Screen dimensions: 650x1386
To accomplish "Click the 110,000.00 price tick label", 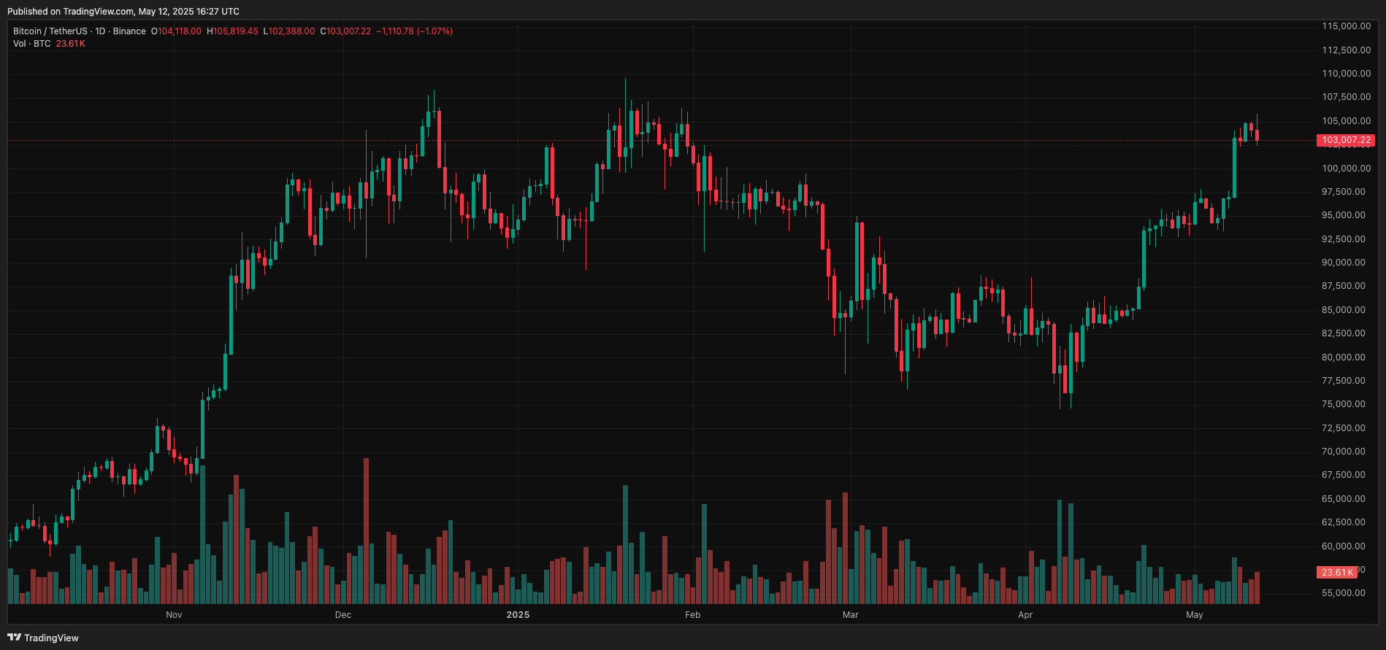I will [1346, 74].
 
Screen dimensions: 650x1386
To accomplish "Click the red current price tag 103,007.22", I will [1346, 140].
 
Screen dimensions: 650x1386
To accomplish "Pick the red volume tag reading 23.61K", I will [1337, 573].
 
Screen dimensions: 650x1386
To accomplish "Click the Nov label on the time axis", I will [174, 615].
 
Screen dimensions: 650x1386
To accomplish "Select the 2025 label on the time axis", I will [518, 615].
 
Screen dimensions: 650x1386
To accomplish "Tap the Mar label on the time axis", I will [850, 615].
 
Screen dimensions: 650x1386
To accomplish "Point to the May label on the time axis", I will [1194, 615].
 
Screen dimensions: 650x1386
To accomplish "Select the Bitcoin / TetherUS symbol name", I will [50, 31].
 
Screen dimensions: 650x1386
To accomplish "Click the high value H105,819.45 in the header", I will [232, 31].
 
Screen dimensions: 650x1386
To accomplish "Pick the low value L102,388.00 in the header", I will [289, 31].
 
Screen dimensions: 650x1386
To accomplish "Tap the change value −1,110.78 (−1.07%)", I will [414, 31].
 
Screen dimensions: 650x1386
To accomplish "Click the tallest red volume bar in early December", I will [366, 530].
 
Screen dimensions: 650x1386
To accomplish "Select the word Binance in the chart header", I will [129, 31].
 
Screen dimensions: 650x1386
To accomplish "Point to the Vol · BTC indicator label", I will [32, 44].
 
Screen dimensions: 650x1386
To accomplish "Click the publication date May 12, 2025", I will [169, 12].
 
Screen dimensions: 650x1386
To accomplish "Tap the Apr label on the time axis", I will [1025, 615].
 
